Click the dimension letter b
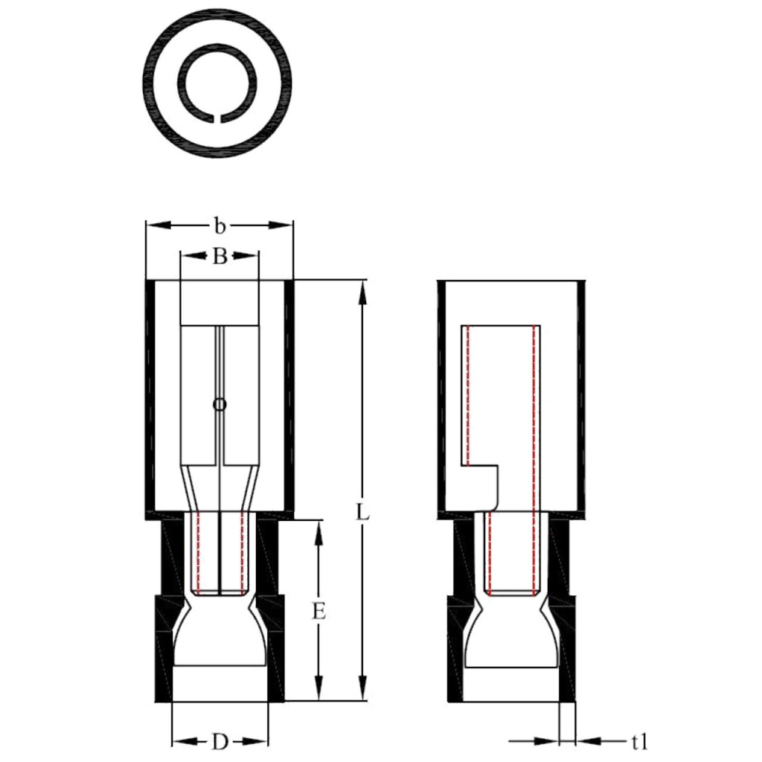[x=220, y=225]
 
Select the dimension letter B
[x=220, y=257]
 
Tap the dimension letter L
[x=362, y=513]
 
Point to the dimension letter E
[x=318, y=612]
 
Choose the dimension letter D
[x=220, y=741]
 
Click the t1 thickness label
[x=639, y=741]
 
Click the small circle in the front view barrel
[x=219, y=405]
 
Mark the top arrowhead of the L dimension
[x=362, y=290]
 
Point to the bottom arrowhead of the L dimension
[x=362, y=691]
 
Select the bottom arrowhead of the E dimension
[x=318, y=691]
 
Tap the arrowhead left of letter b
[x=157, y=225]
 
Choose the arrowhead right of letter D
[x=257, y=741]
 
